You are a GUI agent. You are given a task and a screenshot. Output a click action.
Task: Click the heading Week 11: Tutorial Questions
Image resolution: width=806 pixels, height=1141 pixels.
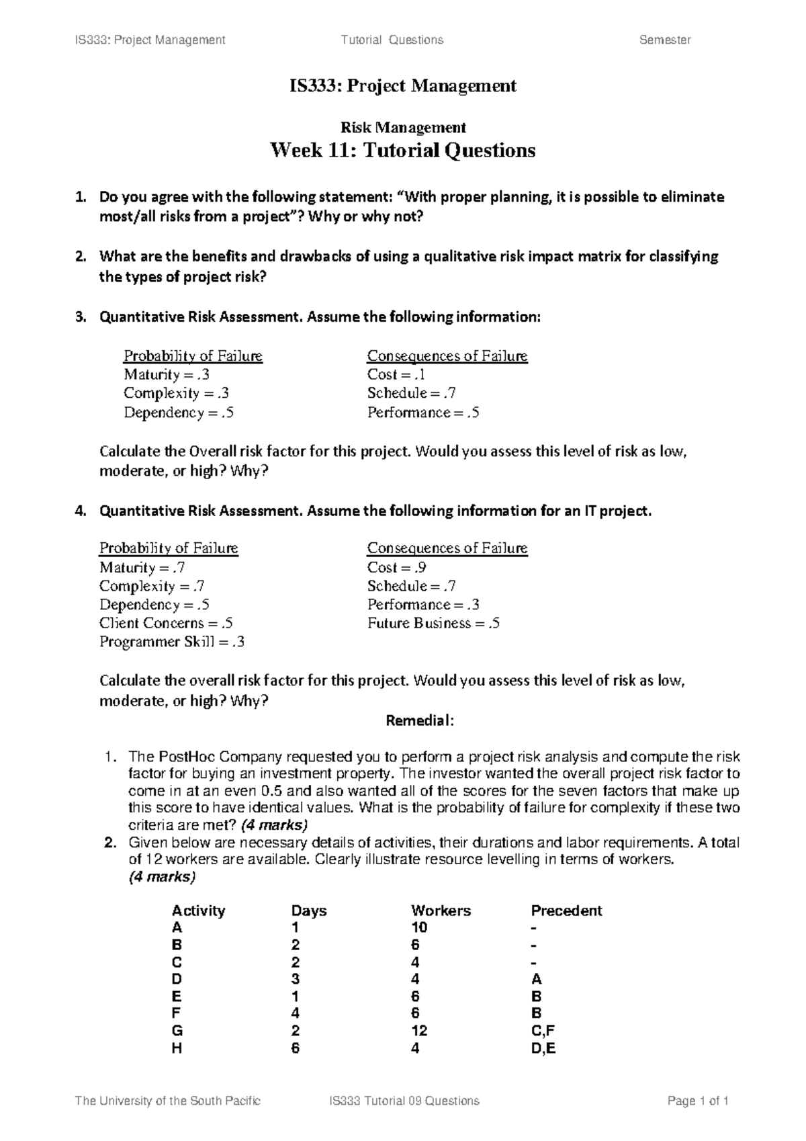(402, 150)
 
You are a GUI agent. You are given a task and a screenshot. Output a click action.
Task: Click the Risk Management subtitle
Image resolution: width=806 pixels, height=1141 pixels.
(403, 127)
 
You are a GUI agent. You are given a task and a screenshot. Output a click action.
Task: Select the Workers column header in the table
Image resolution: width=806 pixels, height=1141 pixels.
(441, 911)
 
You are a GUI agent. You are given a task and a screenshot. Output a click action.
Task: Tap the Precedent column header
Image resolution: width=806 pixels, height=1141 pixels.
(566, 911)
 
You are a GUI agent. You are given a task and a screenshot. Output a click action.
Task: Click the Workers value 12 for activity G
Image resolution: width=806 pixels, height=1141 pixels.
(419, 1031)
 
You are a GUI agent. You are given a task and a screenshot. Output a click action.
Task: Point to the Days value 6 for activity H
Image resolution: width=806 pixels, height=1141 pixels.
(295, 1048)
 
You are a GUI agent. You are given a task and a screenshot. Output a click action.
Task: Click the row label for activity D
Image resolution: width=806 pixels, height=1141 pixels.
(177, 979)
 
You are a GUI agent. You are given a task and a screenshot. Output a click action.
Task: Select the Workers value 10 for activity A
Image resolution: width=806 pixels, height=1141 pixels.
(419, 928)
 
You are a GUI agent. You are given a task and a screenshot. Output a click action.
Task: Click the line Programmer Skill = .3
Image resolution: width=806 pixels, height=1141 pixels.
(172, 642)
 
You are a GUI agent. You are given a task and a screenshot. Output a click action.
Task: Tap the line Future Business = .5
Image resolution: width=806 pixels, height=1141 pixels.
(433, 623)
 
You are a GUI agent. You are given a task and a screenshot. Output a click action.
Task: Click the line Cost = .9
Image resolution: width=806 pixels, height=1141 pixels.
(396, 567)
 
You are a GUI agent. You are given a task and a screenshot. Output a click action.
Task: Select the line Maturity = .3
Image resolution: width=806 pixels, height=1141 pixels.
(167, 374)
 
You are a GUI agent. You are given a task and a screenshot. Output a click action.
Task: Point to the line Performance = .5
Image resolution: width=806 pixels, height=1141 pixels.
(423, 413)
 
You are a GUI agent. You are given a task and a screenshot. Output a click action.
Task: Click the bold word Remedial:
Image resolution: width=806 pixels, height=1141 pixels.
(420, 721)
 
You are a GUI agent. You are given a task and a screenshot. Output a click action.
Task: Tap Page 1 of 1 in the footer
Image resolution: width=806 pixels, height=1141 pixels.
(698, 1101)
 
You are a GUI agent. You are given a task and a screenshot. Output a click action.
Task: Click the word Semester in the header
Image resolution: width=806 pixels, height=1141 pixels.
(664, 40)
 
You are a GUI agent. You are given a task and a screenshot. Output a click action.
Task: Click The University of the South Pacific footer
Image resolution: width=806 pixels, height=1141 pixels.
(168, 1101)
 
